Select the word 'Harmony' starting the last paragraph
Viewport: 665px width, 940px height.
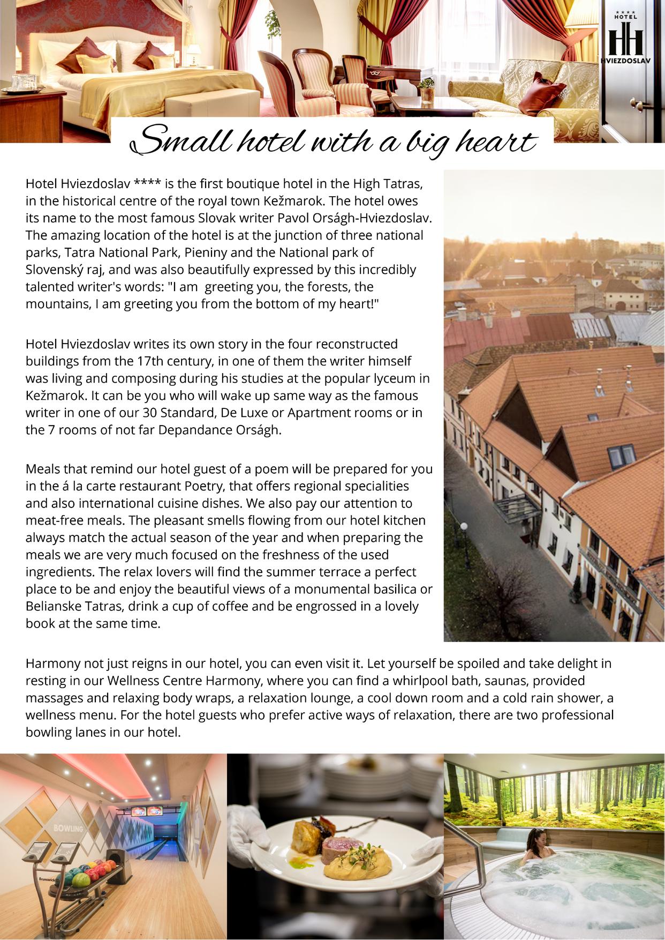pos(52,663)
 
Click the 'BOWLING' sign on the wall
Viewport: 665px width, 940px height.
pos(68,829)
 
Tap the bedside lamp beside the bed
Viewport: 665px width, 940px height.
pos(194,52)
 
